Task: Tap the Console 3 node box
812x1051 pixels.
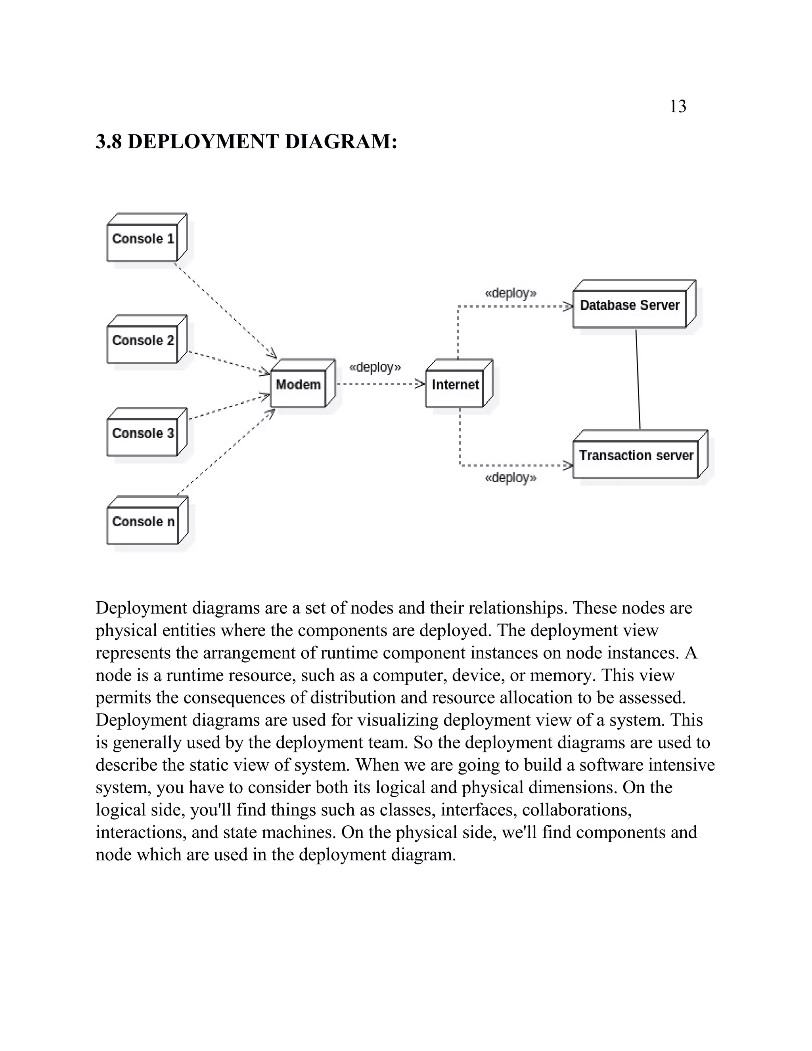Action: click(142, 437)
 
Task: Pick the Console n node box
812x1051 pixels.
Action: click(142, 525)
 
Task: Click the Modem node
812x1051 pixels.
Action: click(298, 388)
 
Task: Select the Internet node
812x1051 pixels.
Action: click(455, 388)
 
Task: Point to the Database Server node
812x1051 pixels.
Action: click(629, 308)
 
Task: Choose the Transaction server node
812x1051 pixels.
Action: click(636, 458)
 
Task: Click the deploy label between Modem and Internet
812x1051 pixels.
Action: click(375, 368)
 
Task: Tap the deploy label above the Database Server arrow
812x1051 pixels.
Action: click(510, 293)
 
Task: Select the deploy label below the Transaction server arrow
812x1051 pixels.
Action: click(510, 478)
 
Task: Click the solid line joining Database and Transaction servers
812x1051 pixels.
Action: click(638, 379)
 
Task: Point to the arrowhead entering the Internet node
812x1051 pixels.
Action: click(420, 384)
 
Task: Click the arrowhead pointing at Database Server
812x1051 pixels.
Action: click(568, 306)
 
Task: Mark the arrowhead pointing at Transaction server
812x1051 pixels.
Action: click(568, 465)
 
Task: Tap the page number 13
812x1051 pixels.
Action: click(678, 106)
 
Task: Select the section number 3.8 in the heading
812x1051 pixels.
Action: click(109, 142)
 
